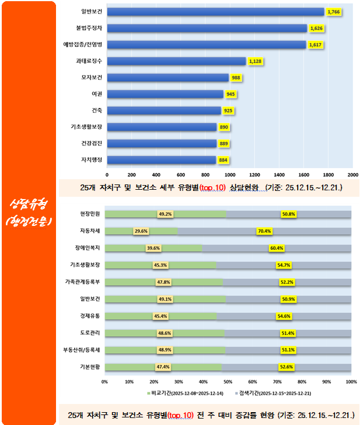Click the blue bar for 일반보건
click(x=216, y=11)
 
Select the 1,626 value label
click(x=316, y=28)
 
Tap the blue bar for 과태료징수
click(x=176, y=61)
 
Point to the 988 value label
click(x=236, y=78)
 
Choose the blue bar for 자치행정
click(x=162, y=159)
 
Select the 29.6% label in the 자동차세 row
click(x=141, y=231)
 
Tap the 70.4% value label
click(x=264, y=231)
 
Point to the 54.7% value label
click(x=284, y=265)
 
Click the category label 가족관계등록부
click(x=83, y=282)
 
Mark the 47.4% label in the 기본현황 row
click(x=163, y=367)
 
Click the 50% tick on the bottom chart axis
click(x=228, y=381)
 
